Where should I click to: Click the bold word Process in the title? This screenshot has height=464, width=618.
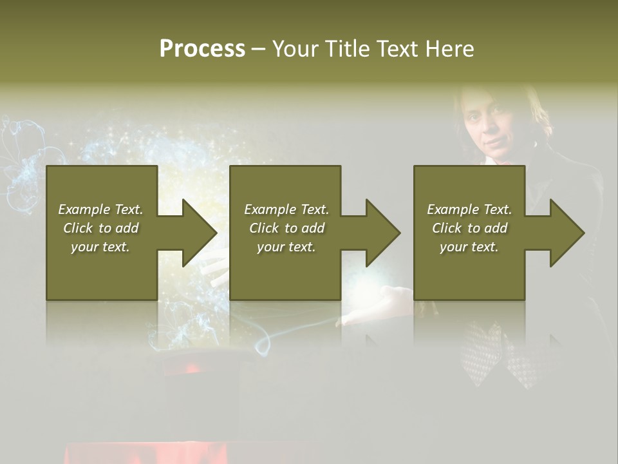[202, 49]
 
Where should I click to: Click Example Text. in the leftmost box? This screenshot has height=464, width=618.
[100, 209]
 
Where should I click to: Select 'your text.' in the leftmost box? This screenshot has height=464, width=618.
[100, 247]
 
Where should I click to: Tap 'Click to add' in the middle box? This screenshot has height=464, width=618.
[286, 228]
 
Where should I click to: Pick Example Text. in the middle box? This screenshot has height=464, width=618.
[286, 209]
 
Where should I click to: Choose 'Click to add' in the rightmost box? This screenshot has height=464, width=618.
[469, 228]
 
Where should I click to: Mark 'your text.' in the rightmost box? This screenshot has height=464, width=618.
[469, 247]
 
